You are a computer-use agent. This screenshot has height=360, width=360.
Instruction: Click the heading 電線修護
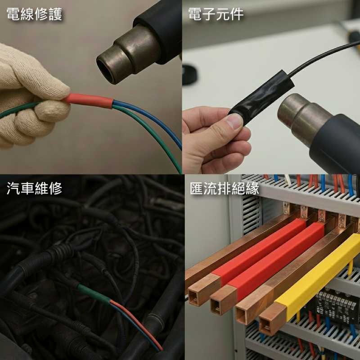point(35,14)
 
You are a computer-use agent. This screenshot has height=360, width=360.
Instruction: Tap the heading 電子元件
point(216,14)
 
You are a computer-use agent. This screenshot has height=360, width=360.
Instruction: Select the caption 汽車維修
point(35,189)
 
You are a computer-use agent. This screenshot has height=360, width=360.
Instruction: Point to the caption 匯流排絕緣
point(224,189)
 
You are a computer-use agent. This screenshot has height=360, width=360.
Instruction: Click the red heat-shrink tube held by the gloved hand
point(89,100)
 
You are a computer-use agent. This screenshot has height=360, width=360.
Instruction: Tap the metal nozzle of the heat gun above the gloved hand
point(129,55)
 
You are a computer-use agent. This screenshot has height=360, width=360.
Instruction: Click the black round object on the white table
point(189,74)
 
